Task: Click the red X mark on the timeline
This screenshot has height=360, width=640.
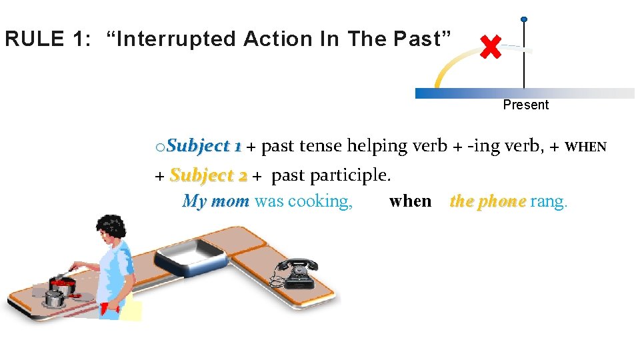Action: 491,47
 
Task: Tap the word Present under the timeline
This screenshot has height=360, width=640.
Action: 525,105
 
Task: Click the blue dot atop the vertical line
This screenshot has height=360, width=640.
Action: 524,19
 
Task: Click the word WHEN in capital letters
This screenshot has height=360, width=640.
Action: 585,147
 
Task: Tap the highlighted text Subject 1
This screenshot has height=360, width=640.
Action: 204,146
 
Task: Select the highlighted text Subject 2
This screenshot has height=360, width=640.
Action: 209,175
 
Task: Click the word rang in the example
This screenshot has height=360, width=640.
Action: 548,201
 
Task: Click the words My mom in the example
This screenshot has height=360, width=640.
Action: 215,201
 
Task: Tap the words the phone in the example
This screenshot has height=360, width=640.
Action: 488,201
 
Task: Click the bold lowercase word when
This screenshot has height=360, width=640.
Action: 410,201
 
